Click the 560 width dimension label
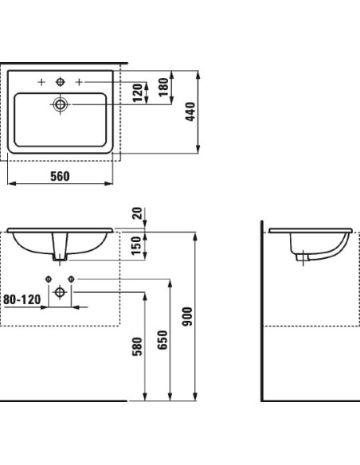[60, 176]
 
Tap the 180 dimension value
[163, 88]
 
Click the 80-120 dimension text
[22, 299]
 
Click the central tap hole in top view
[60, 81]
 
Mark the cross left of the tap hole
[40, 81]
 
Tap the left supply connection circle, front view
[49, 278]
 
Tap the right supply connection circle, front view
[71, 278]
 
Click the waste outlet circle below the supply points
[60, 292]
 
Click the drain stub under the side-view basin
[301, 256]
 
